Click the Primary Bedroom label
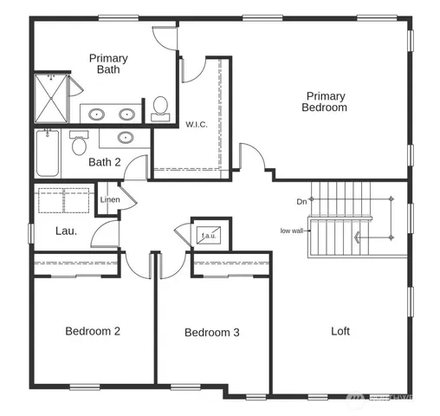click(x=324, y=102)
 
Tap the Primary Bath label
click(x=108, y=64)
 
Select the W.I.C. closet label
click(x=197, y=124)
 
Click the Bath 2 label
click(x=105, y=162)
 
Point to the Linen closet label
click(x=110, y=200)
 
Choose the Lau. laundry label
click(x=66, y=231)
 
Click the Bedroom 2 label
click(x=93, y=330)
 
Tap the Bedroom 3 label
click(x=211, y=332)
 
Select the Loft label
click(x=341, y=330)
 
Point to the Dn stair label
click(x=301, y=201)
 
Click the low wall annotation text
click(x=292, y=231)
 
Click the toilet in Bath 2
click(x=80, y=144)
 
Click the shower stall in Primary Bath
click(x=51, y=98)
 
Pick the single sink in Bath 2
click(x=126, y=137)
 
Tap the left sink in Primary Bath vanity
click(x=97, y=114)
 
